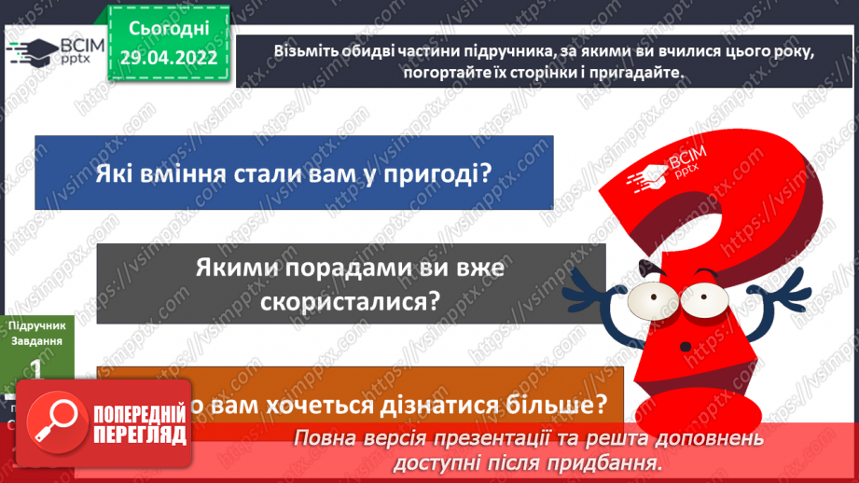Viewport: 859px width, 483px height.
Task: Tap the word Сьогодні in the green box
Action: [x=170, y=29]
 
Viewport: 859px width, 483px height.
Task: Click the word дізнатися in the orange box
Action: [x=408, y=406]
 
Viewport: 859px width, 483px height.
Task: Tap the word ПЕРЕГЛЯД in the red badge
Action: [x=140, y=435]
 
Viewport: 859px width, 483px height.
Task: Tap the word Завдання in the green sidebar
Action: [x=38, y=340]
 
